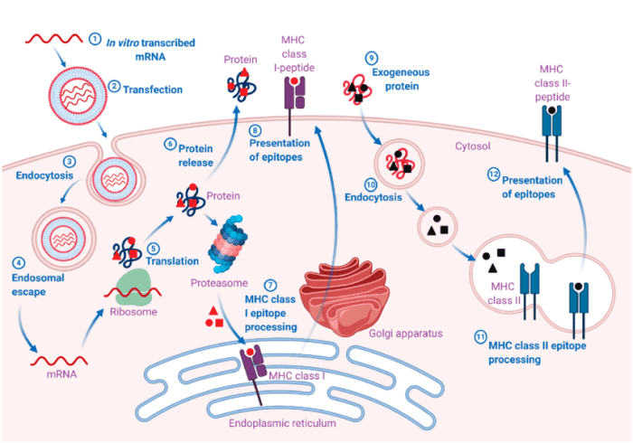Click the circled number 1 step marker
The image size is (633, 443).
coord(95,39)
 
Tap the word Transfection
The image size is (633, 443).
coord(153,90)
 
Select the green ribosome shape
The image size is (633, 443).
coord(133,287)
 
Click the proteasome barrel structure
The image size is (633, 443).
coord(228,244)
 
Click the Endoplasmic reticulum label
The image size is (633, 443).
coord(282,423)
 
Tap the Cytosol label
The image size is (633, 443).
coord(473,146)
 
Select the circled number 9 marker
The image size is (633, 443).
coord(372,58)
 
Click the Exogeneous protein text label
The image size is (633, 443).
coord(401,79)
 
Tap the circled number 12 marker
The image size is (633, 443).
coord(494,174)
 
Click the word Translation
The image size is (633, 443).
coord(173,261)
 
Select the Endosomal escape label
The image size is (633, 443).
coord(38,285)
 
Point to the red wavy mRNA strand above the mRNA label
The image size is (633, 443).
coord(59,361)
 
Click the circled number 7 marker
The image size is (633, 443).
coord(270,286)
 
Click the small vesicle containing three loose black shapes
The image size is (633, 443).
coord(437,227)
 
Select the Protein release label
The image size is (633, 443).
coord(195,156)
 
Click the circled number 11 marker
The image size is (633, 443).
coord(480,337)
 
